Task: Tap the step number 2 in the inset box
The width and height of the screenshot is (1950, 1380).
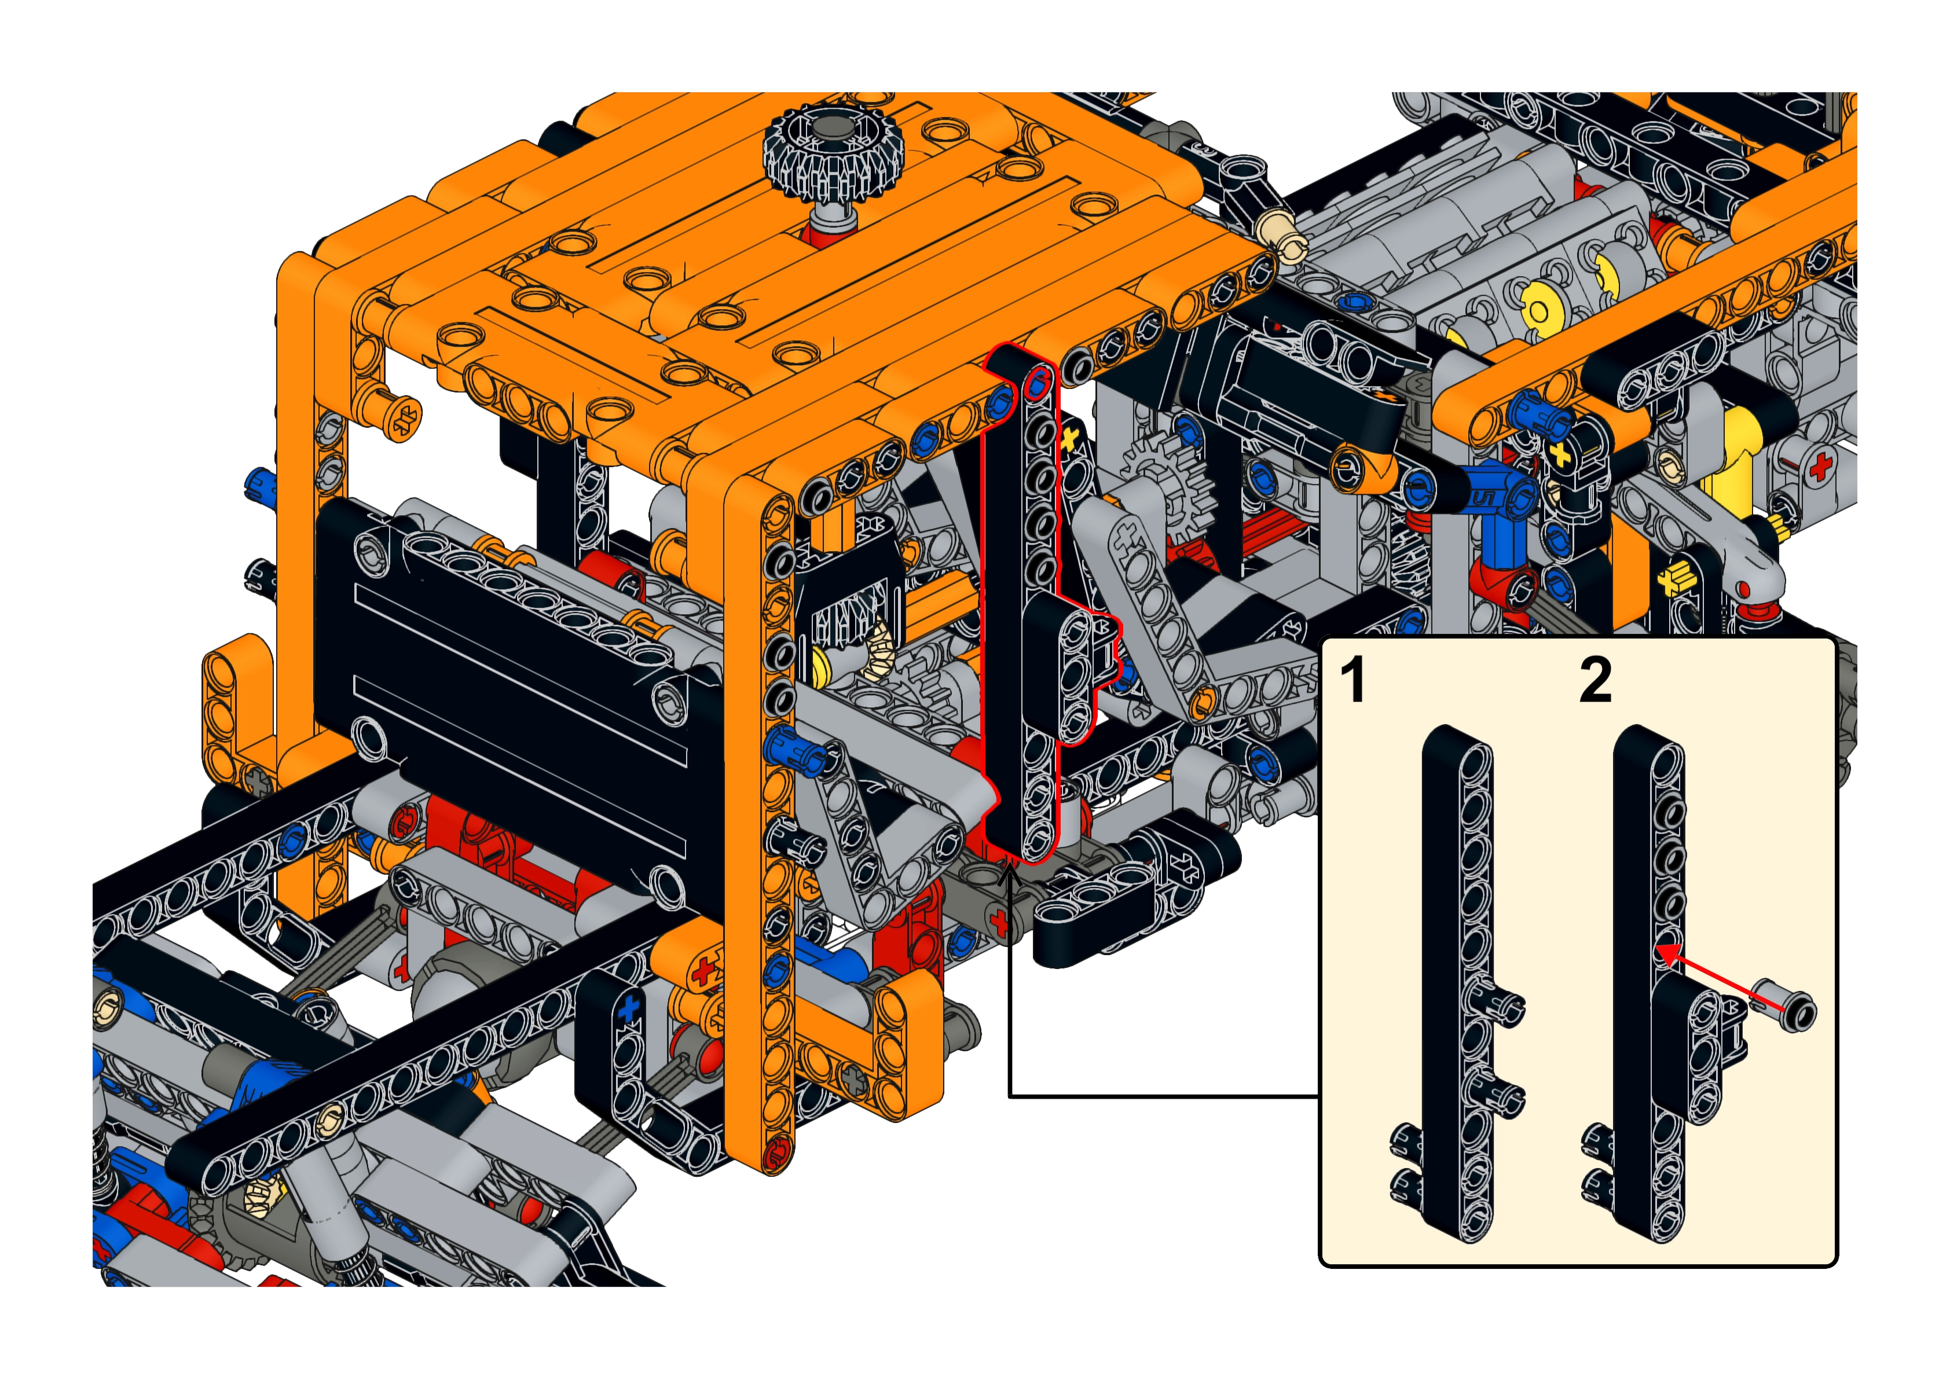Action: click(1595, 680)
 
